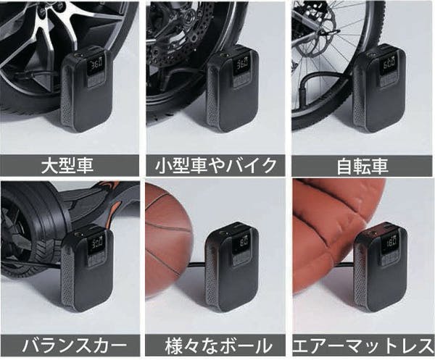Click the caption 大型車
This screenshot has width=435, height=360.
[x=70, y=166]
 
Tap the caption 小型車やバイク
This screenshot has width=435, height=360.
[x=217, y=166]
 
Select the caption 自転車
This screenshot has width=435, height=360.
[x=362, y=166]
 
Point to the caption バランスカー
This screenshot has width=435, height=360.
[x=70, y=344]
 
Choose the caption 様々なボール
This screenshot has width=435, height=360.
[x=217, y=344]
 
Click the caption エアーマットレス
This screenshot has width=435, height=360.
[x=362, y=344]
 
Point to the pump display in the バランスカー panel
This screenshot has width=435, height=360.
[x=94, y=243]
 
